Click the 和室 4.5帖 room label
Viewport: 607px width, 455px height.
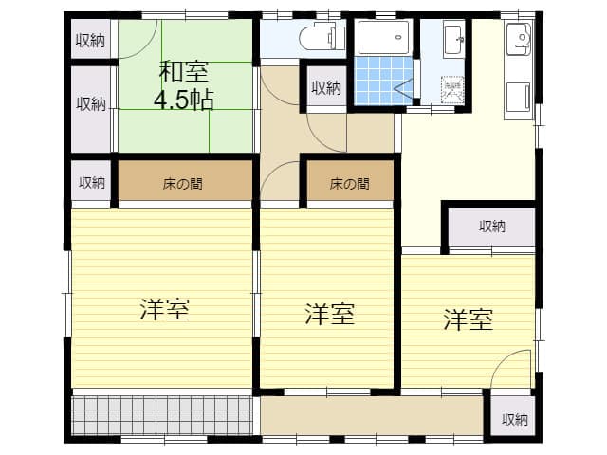point(185,84)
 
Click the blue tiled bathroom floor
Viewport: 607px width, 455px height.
point(379,80)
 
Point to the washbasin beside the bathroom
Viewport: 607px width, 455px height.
point(453,40)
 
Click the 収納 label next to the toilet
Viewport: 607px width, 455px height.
point(325,88)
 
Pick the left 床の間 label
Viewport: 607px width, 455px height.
point(183,183)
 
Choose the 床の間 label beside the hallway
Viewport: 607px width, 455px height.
point(349,183)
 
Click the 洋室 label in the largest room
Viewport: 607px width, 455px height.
point(164,309)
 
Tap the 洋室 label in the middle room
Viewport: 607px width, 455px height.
point(329,315)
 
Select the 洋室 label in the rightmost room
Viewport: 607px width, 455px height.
point(468,319)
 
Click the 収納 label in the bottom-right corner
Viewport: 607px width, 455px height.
point(515,419)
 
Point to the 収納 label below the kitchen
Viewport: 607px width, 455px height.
point(491,227)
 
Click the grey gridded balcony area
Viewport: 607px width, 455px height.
point(162,415)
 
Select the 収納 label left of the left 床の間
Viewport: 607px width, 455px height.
point(92,182)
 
